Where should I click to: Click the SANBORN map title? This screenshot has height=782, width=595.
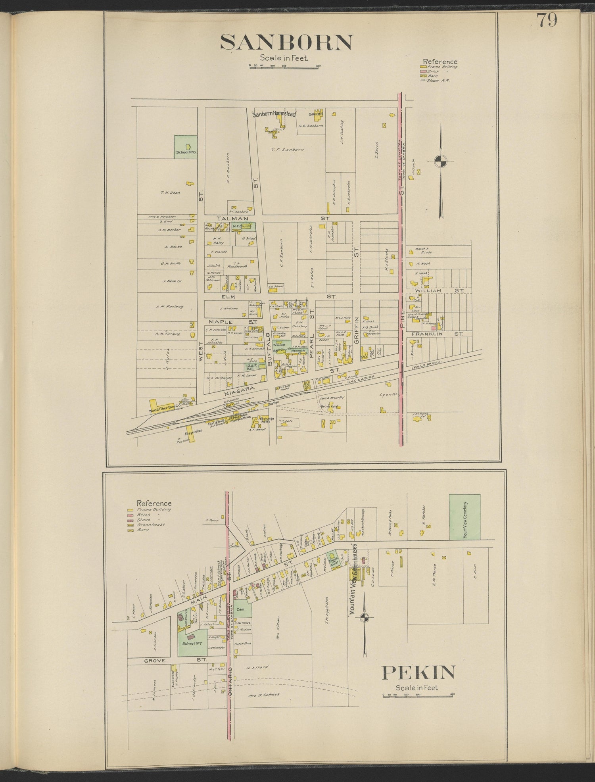point(286,42)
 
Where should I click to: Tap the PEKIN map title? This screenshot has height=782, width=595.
point(418,672)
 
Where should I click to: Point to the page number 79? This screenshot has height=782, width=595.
point(547,20)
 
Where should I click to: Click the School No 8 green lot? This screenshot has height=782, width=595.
point(186,147)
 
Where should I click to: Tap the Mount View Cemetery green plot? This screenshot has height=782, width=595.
point(464,517)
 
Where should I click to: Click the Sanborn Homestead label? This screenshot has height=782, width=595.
point(274,114)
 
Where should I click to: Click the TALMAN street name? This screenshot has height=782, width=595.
point(232,219)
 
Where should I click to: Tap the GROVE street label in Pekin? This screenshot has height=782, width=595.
point(155,661)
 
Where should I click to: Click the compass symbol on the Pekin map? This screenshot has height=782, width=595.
point(365,617)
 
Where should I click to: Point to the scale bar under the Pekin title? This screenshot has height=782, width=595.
point(418,695)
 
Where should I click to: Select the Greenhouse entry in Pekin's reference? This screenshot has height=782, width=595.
point(151,525)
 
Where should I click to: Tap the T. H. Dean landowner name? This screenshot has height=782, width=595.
point(171,193)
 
